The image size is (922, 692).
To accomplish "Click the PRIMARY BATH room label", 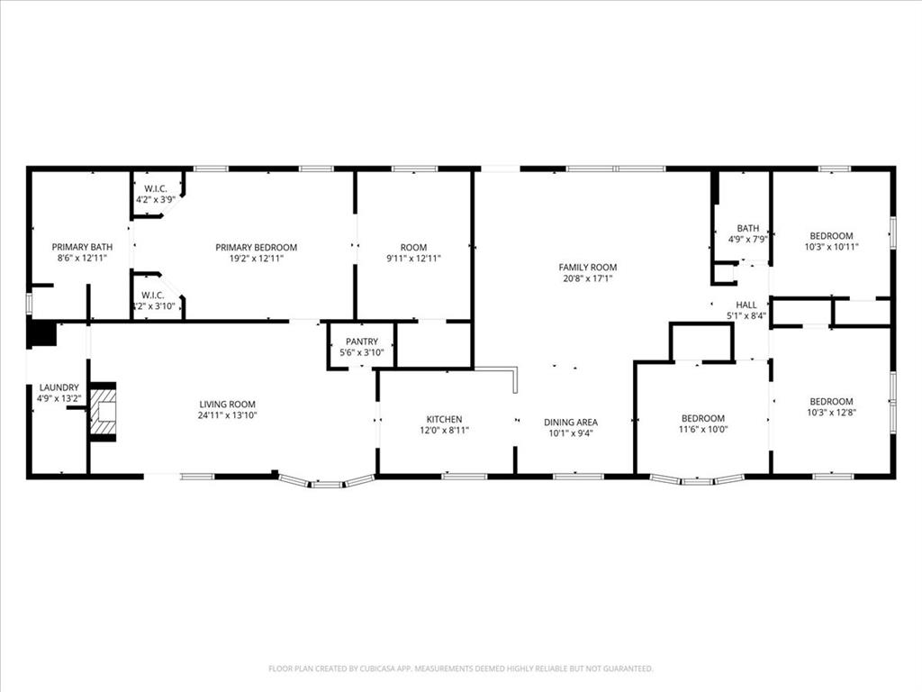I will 82,247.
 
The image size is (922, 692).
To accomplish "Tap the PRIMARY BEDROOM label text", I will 256,247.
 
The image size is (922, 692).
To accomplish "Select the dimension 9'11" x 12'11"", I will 414,259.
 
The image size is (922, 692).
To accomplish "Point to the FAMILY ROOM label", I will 588,267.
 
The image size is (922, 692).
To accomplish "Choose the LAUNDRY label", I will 59,387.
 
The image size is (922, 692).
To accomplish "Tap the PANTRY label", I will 361,341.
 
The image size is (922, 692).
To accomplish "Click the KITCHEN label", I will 444,419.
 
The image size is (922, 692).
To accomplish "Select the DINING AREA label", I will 571,422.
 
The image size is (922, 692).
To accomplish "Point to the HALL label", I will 746,305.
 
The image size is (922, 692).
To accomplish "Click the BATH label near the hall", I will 747,228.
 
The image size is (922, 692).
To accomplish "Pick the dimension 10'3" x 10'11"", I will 831,247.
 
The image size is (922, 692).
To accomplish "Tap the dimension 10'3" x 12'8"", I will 831,413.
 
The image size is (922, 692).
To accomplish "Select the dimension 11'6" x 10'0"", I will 702,430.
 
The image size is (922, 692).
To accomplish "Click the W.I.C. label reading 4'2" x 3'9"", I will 155,199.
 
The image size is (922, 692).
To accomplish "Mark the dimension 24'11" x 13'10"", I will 228,415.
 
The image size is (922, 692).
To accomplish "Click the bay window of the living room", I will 326,482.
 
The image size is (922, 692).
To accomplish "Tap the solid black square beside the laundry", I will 41,333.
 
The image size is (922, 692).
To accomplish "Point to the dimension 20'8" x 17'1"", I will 588,278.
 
